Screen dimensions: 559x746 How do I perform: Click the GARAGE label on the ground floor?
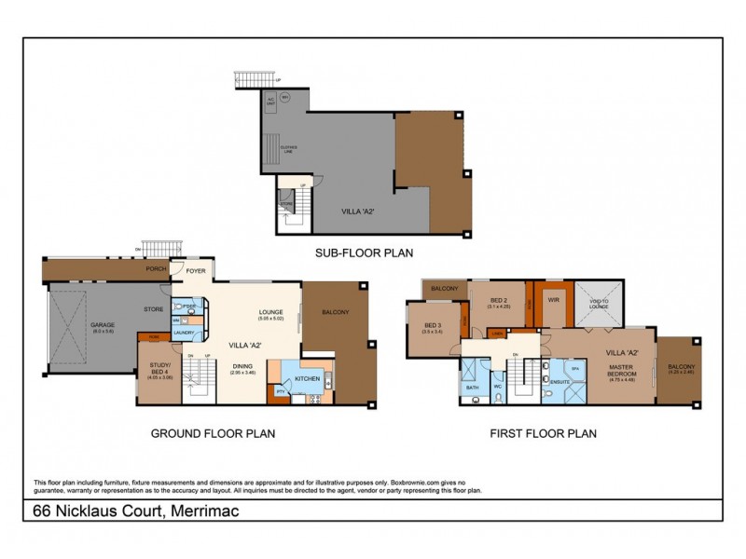tap(103, 326)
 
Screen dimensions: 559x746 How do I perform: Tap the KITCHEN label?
tap(308, 380)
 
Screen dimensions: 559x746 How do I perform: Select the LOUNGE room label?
tap(270, 314)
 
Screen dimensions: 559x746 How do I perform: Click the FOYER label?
tap(196, 272)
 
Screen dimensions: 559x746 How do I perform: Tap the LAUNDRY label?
tap(183, 332)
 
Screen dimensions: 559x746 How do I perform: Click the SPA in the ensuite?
tap(574, 370)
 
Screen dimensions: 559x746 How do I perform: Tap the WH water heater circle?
tap(285, 96)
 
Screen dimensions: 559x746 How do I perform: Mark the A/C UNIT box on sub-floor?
tap(271, 100)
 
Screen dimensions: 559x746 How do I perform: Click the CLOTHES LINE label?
tap(288, 146)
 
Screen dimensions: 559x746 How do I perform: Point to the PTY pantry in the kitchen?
tap(279, 392)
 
